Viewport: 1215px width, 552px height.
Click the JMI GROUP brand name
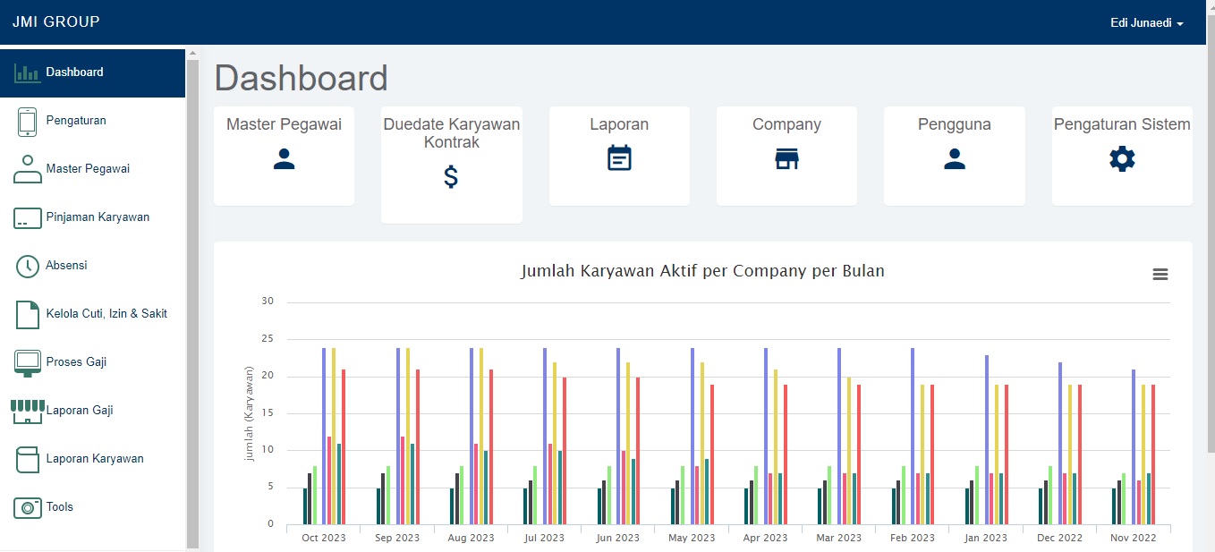click(x=56, y=21)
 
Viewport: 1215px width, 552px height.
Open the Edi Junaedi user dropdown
click(x=1146, y=23)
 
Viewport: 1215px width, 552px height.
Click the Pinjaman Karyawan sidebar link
click(x=98, y=217)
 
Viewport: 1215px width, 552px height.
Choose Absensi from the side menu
click(x=66, y=266)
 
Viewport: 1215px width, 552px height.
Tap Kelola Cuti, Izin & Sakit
click(x=106, y=314)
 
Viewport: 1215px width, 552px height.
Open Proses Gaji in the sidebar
click(x=76, y=362)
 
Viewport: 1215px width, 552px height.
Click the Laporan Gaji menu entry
click(x=80, y=411)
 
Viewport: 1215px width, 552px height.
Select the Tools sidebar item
click(x=60, y=507)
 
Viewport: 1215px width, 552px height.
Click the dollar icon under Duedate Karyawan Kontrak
click(x=451, y=177)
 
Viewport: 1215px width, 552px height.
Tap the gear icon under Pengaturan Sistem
click(x=1121, y=159)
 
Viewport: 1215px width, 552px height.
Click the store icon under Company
click(x=786, y=159)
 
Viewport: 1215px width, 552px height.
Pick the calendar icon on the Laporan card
click(x=619, y=158)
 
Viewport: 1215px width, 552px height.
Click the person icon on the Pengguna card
click(x=954, y=159)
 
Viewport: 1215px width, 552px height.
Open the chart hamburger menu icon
click(x=1160, y=275)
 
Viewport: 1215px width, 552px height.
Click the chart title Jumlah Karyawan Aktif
click(x=702, y=271)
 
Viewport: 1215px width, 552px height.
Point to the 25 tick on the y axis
click(x=268, y=339)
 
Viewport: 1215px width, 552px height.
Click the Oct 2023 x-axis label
click(x=324, y=538)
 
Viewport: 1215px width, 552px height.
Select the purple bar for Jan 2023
click(x=987, y=439)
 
